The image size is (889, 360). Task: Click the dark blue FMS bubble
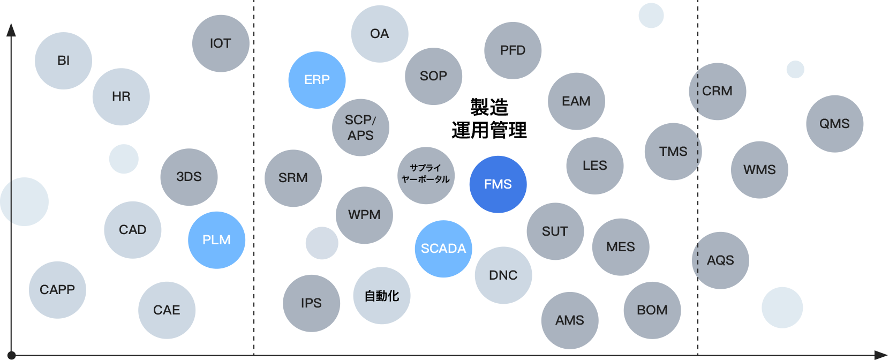point(498,184)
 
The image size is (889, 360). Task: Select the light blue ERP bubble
point(317,80)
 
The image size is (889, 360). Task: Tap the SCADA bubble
point(443,249)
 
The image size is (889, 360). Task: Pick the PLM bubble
point(216,240)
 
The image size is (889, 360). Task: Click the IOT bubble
point(221,43)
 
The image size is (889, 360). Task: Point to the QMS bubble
point(834,123)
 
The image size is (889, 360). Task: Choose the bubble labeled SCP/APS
point(360,127)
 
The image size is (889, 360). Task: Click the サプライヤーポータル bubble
point(426,175)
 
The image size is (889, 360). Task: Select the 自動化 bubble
point(382,296)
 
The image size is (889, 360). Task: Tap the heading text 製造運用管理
point(489,119)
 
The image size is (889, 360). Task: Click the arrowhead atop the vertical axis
point(11,30)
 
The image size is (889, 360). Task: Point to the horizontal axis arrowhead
point(880,355)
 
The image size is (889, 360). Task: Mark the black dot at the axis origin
point(11,355)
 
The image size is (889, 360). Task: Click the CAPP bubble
point(57,290)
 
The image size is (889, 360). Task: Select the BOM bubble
point(652,310)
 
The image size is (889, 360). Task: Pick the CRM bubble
point(718,91)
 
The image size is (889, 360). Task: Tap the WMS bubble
point(759,169)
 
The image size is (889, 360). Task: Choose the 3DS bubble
point(189,177)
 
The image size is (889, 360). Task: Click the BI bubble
point(64,61)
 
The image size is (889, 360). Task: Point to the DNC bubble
point(503,275)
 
